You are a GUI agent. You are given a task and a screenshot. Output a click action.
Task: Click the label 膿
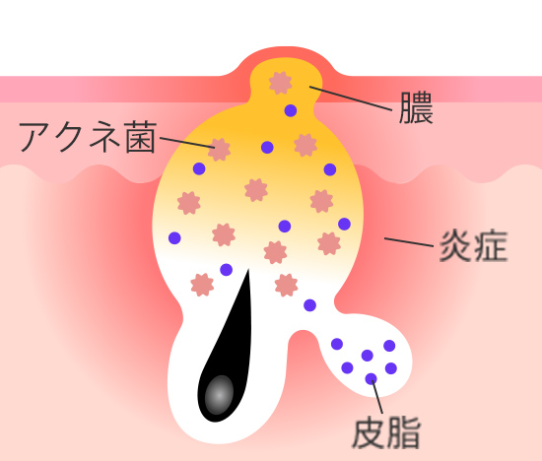coord(416,107)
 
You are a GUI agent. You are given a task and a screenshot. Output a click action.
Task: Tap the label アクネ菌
coord(88,137)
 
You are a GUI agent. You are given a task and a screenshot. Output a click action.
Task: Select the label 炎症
coord(473,246)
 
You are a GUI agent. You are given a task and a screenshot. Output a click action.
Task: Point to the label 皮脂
coord(385,432)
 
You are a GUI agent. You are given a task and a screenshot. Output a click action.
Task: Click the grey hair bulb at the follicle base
coord(219,395)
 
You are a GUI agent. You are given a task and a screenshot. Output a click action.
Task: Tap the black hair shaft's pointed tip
coord(248,270)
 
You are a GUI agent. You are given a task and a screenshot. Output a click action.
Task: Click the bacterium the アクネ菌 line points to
coord(219,150)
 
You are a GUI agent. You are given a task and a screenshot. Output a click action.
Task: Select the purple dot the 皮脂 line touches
coord(371,379)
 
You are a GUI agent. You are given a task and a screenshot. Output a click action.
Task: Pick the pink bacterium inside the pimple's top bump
coord(280,83)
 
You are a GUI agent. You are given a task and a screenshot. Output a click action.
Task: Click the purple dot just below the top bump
coord(291,110)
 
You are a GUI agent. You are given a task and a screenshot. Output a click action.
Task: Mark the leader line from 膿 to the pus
coord(351,99)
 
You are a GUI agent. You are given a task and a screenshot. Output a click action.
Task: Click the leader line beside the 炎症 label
coord(409,242)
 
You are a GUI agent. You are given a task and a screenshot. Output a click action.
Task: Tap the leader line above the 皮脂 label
coord(377,397)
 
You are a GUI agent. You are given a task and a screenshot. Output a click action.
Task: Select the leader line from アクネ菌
coord(187,143)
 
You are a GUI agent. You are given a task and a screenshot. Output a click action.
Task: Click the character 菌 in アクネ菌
coord(141,137)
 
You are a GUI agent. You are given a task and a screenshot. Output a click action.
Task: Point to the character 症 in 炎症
coord(491,246)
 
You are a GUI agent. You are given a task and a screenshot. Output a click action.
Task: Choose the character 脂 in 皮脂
coord(403,432)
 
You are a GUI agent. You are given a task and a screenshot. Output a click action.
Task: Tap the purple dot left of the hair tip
coord(226,270)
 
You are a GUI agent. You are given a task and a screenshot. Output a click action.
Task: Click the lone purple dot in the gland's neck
coord(309,305)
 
